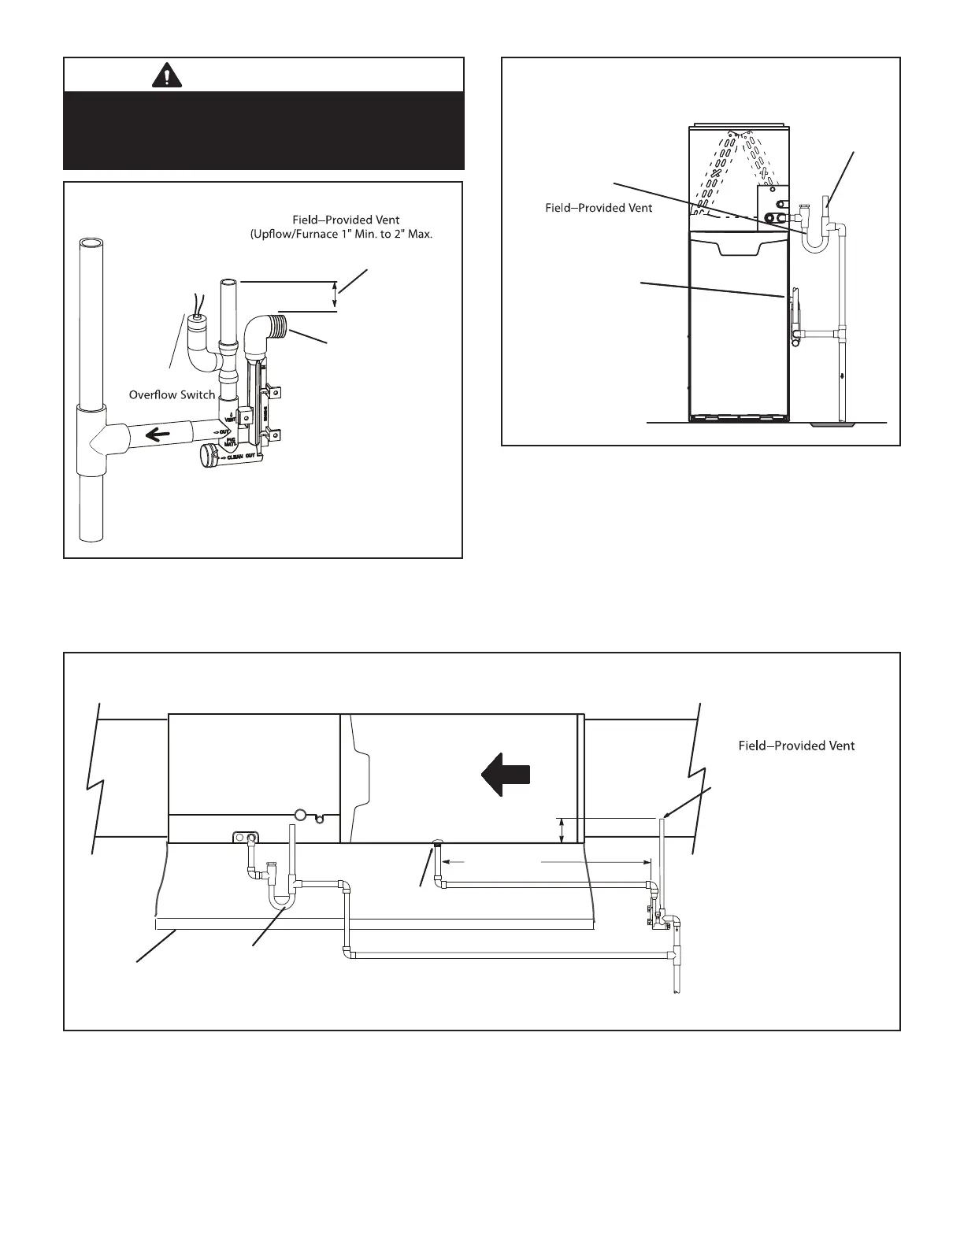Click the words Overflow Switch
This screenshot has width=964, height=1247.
(172, 394)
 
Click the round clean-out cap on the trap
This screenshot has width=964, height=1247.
(210, 456)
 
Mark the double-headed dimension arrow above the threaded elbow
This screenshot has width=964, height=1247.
(336, 297)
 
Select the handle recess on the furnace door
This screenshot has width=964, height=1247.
(738, 248)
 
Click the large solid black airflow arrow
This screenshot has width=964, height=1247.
(505, 774)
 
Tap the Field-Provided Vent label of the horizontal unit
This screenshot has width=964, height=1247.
(795, 745)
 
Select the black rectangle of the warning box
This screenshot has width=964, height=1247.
(264, 130)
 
